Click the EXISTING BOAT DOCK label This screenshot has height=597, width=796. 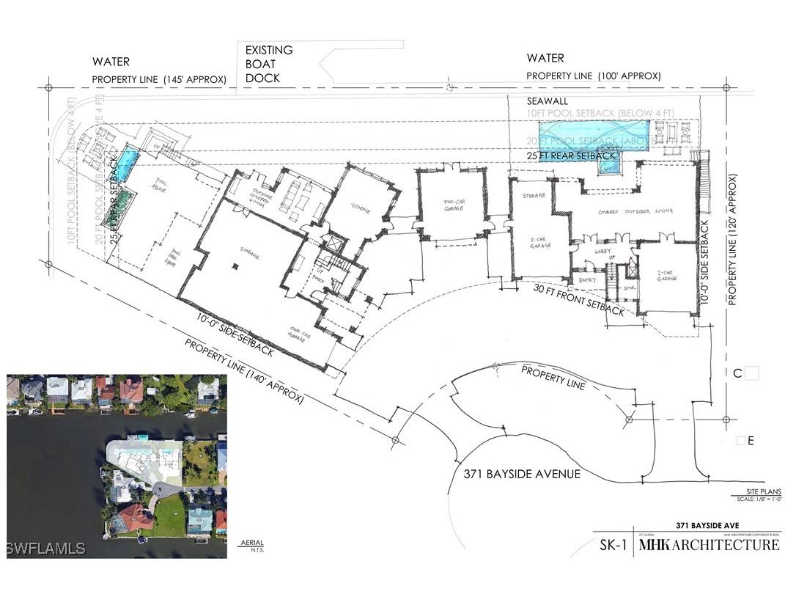pos(269,64)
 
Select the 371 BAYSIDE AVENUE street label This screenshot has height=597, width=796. pos(522,475)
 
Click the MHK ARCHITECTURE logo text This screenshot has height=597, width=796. pos(709,545)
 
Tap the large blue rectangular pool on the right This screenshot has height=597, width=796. pos(596,136)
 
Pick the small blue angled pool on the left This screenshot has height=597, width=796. pos(128,164)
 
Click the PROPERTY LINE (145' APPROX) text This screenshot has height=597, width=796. pos(158,80)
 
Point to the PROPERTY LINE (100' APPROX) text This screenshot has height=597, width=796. pos(594,76)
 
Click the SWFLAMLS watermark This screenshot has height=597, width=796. pos(45,548)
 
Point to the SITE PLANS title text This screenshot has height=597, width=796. pos(759,491)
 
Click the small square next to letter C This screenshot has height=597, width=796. pos(752,374)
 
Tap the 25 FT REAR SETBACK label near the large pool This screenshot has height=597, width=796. pos(571,155)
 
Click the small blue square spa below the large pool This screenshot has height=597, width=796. pos(610,165)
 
